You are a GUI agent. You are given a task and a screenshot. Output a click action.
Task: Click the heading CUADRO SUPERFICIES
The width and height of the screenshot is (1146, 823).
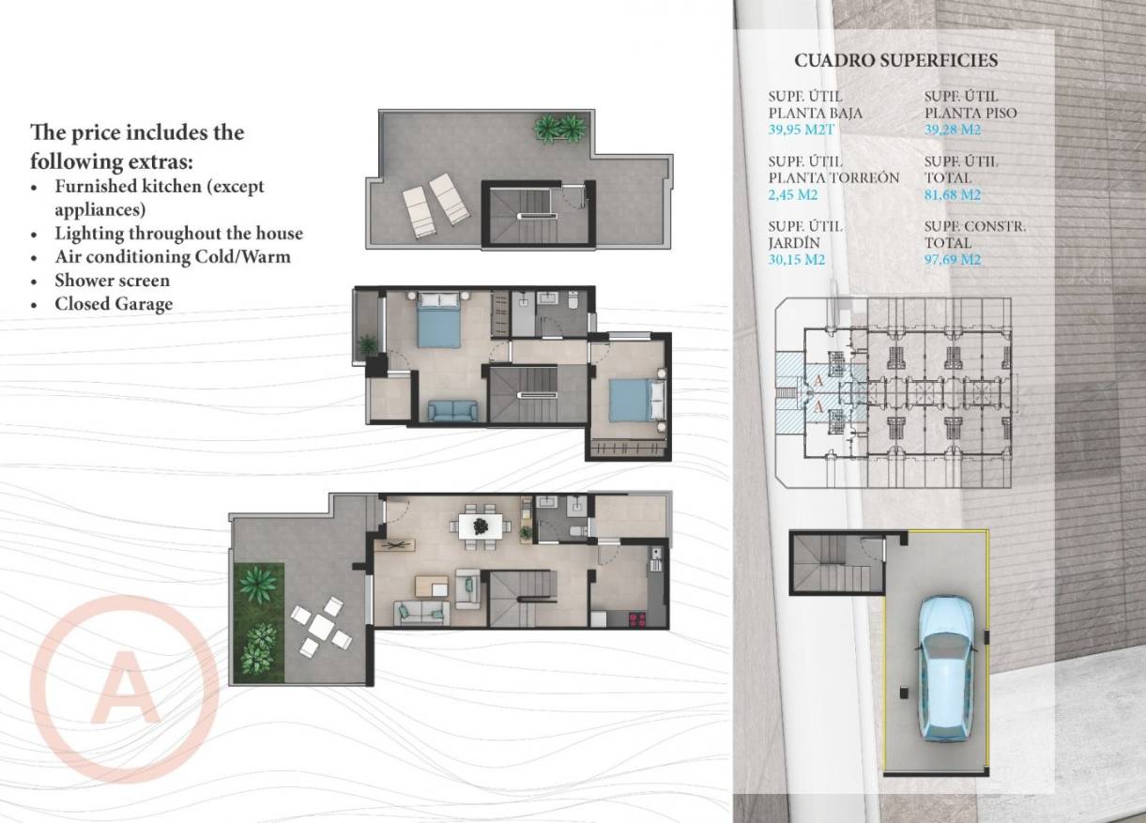tap(895, 61)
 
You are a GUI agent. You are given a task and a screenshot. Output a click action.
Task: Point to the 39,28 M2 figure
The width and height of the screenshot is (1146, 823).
tap(952, 130)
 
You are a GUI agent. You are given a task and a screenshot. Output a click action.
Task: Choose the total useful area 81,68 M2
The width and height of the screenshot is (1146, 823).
tap(952, 195)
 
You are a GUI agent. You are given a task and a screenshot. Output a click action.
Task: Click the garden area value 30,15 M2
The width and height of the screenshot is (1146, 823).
tap(796, 260)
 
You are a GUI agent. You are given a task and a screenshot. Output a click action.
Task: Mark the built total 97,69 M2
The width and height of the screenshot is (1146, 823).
tap(952, 260)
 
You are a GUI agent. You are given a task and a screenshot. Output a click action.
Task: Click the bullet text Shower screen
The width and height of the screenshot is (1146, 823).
tap(112, 281)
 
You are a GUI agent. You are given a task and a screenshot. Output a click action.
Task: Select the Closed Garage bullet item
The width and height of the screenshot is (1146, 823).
tap(113, 304)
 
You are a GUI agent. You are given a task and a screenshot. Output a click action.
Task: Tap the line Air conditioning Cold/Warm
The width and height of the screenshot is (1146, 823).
tap(172, 256)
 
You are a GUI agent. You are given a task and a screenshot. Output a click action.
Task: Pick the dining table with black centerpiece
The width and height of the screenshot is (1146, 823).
tap(481, 526)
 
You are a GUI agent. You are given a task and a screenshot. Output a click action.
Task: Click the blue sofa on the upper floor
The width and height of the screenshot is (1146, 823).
tap(451, 410)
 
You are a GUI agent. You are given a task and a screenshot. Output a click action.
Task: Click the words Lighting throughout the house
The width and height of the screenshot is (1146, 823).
tap(178, 233)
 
